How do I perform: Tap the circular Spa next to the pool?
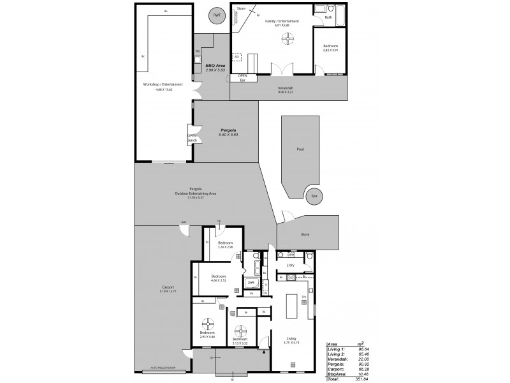click(313, 196)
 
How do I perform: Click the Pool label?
click(300, 149)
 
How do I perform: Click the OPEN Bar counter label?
click(243, 78)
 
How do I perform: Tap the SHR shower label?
click(251, 282)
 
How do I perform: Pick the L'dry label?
click(290, 264)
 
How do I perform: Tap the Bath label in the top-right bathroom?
click(328, 17)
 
